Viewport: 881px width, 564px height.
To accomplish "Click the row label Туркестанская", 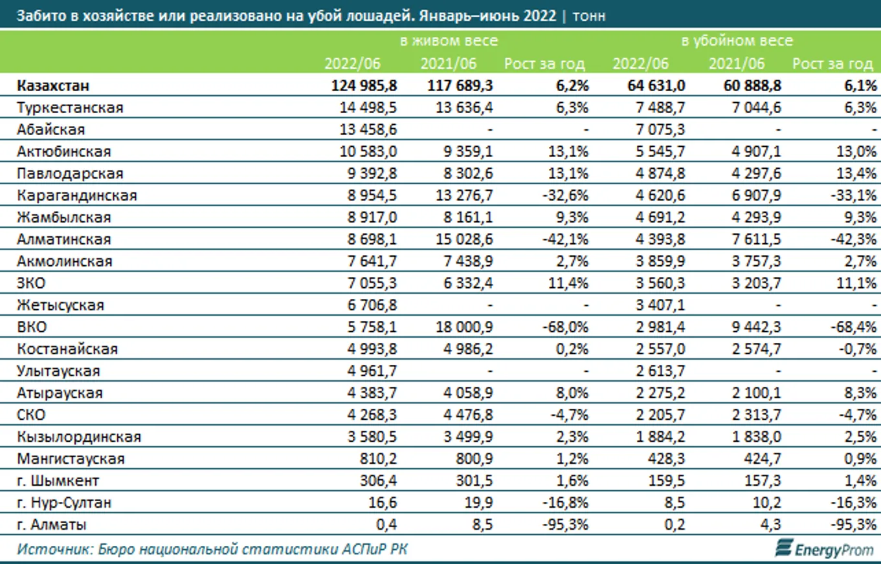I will pyautogui.click(x=71, y=108).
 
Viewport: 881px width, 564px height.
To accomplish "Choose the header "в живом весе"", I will pyautogui.click(x=449, y=41).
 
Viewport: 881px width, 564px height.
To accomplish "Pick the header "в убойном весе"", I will pyautogui.click(x=737, y=41).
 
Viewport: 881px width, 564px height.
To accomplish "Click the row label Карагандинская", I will pyautogui.click(x=77, y=195).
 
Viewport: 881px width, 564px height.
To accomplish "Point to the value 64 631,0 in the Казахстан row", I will pyautogui.click(x=653, y=86).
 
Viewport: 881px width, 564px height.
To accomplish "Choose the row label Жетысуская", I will pyautogui.click(x=61, y=305).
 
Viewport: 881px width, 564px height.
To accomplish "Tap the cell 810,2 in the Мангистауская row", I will pyautogui.click(x=380, y=459).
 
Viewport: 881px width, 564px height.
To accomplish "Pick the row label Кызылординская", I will pyautogui.click(x=80, y=437).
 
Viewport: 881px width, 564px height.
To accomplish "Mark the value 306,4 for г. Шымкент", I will pyautogui.click(x=380, y=481).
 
